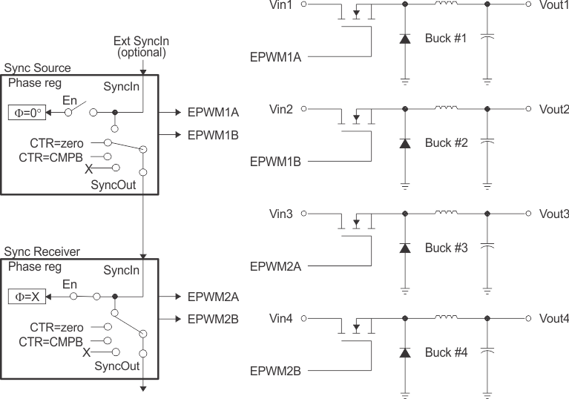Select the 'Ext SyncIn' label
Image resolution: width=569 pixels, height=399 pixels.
pyautogui.click(x=139, y=41)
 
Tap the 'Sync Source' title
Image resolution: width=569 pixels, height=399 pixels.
pyautogui.click(x=37, y=68)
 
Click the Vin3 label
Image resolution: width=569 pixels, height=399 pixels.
pyautogui.click(x=281, y=214)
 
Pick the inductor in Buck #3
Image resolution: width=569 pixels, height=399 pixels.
pyautogui.click(x=446, y=214)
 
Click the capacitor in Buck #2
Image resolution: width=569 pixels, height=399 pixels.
pyautogui.click(x=487, y=140)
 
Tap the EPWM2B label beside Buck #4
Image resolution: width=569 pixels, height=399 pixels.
pyautogui.click(x=274, y=370)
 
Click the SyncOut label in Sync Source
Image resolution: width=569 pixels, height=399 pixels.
pyautogui.click(x=114, y=184)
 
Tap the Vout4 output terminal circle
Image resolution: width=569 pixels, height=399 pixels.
pyautogui.click(x=528, y=318)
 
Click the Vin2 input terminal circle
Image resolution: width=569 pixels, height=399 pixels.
pyautogui.click(x=303, y=109)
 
